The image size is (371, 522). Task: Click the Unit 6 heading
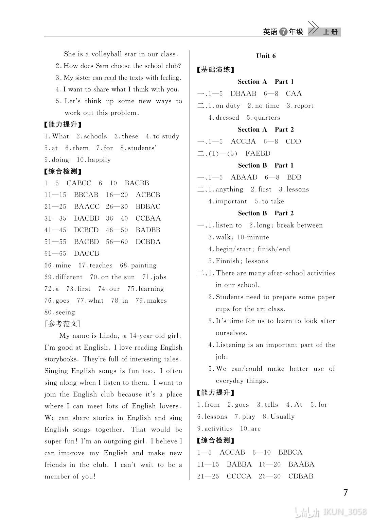pyautogui.click(x=266, y=56)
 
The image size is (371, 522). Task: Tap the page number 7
pyautogui.click(x=346, y=492)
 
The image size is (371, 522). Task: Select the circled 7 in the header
pyautogui.click(x=283, y=32)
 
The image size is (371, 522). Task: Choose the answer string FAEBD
pyautogui.click(x=258, y=153)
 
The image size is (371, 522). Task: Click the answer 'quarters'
pyautogui.click(x=267, y=118)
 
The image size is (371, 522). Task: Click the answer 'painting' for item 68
pyautogui.click(x=144, y=265)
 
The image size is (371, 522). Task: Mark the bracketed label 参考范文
pyautogui.click(x=62, y=324)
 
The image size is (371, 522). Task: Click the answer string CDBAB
pyautogui.click(x=300, y=476)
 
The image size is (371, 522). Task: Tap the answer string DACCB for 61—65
pyautogui.click(x=86, y=253)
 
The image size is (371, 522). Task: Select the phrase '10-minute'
pyautogui.click(x=253, y=237)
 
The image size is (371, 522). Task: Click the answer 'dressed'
pyautogui.click(x=227, y=118)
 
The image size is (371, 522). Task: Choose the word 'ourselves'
pyautogui.click(x=231, y=333)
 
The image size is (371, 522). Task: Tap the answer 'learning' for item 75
pyautogui.click(x=150, y=289)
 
